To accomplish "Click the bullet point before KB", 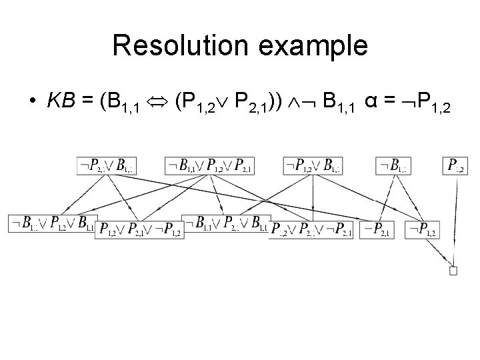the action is [31, 102].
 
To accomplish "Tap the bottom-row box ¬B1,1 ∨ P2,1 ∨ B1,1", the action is [225, 223].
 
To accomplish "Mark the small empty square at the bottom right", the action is [453, 270].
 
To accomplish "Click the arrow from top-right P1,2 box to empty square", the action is [456, 220].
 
